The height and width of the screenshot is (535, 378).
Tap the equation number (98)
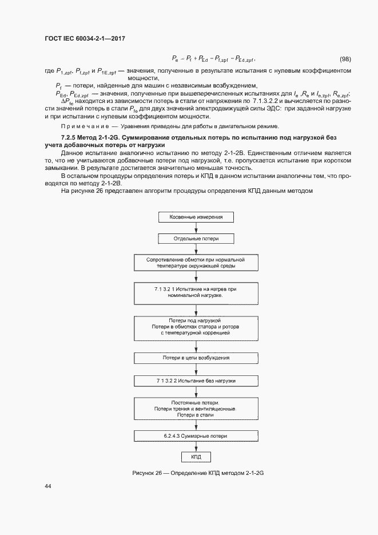click(x=346, y=60)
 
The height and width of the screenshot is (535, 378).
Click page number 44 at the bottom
click(x=47, y=486)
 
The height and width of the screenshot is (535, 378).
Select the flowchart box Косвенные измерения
click(x=196, y=217)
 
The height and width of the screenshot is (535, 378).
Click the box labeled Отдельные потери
click(x=196, y=238)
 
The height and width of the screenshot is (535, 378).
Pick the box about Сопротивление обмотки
click(x=196, y=263)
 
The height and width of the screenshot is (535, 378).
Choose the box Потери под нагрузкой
click(x=196, y=327)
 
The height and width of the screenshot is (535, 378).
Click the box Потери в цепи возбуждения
click(x=196, y=358)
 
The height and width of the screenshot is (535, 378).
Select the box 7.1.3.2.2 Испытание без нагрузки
click(x=196, y=381)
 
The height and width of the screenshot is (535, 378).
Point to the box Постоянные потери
click(x=196, y=409)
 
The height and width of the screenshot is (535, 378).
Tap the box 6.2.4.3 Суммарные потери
click(x=196, y=436)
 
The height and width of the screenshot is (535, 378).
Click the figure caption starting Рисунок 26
click(x=196, y=474)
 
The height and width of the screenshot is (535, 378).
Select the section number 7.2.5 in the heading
click(x=69, y=138)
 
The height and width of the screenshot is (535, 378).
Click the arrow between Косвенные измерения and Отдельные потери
click(x=196, y=228)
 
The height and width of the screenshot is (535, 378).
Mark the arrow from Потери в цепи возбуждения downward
click(x=196, y=369)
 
